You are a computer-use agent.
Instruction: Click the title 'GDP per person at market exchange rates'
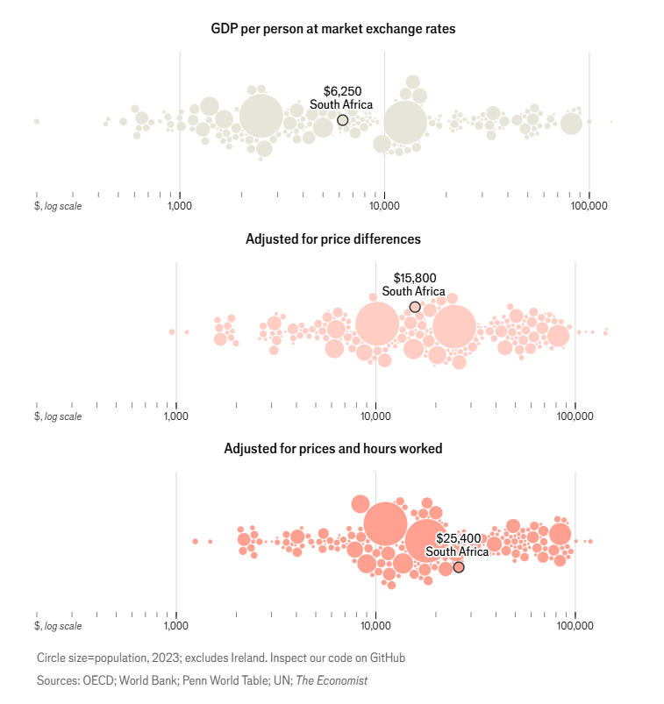[332, 29]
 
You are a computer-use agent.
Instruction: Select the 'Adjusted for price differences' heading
[332, 238]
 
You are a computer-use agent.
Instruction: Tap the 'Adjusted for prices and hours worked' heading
[332, 448]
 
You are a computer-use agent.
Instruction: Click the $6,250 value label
[342, 91]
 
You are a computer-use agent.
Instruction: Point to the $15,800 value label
[414, 278]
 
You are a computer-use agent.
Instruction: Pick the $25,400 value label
[457, 537]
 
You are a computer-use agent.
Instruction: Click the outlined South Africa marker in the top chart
[342, 120]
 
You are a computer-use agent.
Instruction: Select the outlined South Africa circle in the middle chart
[415, 307]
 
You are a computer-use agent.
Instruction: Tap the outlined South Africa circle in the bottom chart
[458, 567]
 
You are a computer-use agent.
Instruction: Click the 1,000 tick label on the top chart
[180, 206]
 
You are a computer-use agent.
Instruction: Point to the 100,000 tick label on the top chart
[589, 206]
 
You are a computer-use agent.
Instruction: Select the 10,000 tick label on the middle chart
[375, 416]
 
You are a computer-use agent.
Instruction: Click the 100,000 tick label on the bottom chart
[575, 626]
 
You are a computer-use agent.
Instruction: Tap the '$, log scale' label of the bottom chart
[59, 626]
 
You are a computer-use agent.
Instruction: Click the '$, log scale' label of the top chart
[59, 206]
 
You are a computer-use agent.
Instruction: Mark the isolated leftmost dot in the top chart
[36, 121]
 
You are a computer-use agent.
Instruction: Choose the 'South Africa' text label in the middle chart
[413, 292]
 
